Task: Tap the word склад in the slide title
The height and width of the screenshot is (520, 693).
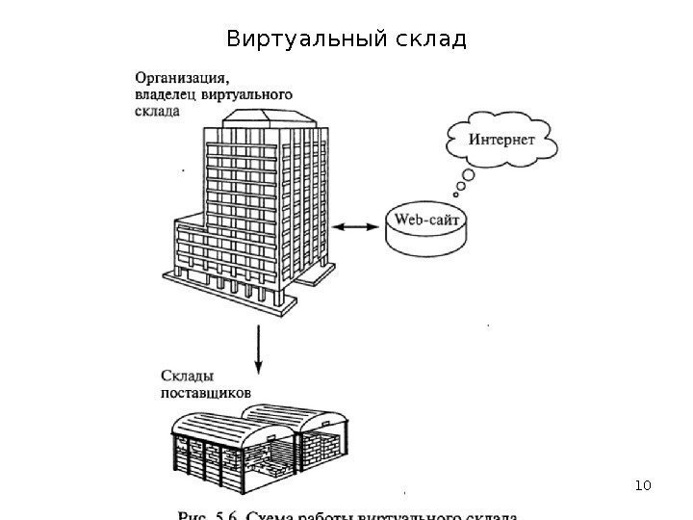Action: point(430,40)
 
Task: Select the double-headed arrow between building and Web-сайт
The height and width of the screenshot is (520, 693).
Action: point(358,226)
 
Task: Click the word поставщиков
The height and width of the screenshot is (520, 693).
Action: point(206,392)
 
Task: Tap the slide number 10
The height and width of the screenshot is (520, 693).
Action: point(643,481)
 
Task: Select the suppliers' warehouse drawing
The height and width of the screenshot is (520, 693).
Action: point(259,445)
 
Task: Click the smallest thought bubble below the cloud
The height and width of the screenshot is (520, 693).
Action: point(456,192)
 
